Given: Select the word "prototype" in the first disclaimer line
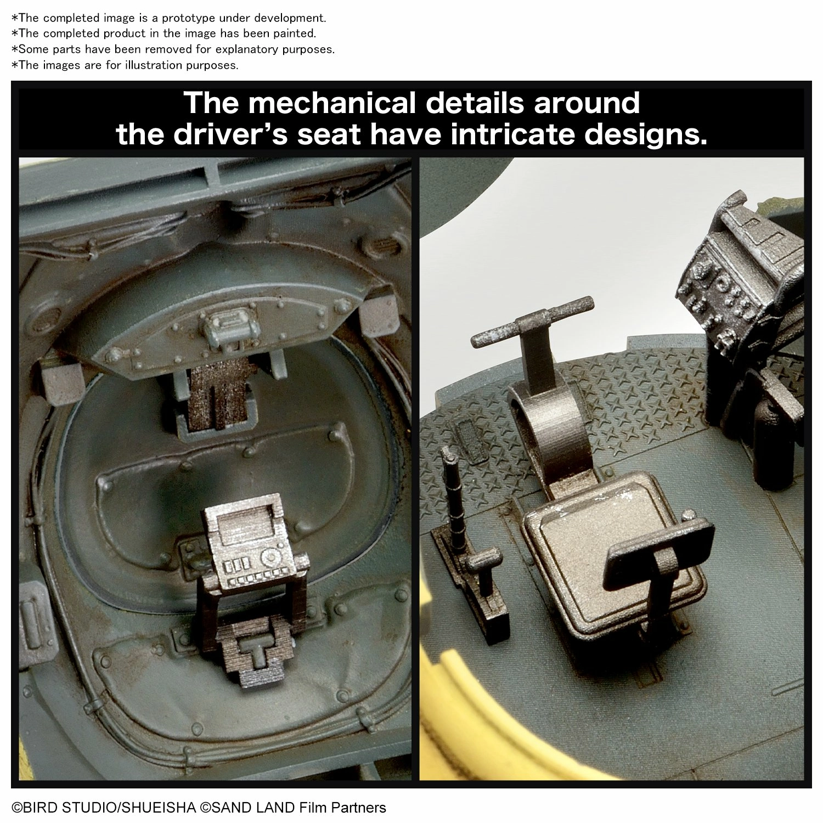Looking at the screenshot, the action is coord(181,18).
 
